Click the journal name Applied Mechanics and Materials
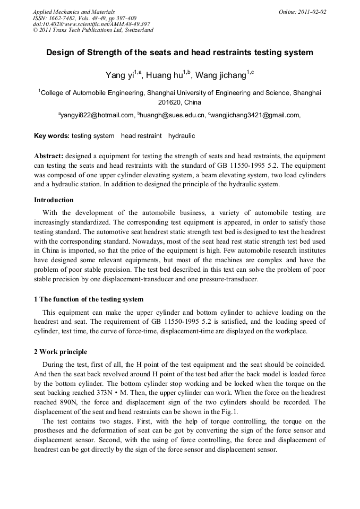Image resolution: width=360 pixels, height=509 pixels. [74, 11]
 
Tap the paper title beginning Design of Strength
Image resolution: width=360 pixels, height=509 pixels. [179, 53]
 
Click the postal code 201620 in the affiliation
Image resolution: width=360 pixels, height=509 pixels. [169, 102]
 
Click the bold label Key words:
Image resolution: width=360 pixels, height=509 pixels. [52, 136]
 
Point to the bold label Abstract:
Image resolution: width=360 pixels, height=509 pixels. [49, 156]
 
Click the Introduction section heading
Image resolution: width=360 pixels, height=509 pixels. [54, 200]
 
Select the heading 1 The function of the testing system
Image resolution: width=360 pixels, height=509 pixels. [89, 299]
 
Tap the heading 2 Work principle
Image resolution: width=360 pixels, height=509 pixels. [61, 352]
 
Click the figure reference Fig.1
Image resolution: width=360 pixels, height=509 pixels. [228, 411]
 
